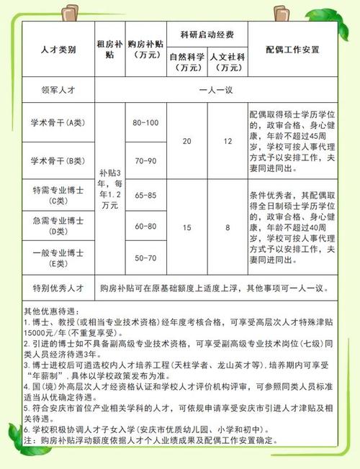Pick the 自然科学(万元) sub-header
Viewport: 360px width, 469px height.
point(187,61)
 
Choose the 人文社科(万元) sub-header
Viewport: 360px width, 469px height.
point(227,61)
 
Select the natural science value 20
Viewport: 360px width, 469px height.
point(187,141)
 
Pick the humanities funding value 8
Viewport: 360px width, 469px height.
point(227,227)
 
